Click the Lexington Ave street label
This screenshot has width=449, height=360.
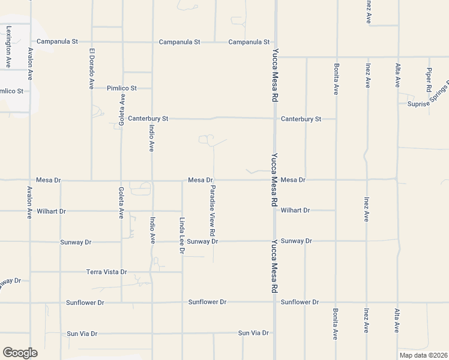(x=8, y=46)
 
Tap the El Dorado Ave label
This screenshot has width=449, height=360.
(x=92, y=68)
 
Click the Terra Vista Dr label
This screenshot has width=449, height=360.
(x=107, y=272)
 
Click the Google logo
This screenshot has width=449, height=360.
(x=20, y=353)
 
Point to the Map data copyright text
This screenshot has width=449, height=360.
(x=423, y=355)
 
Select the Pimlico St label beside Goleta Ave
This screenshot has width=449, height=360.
(x=122, y=88)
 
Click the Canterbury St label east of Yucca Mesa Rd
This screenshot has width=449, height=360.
(x=301, y=119)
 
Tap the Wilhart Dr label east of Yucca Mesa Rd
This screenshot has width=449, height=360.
(x=295, y=211)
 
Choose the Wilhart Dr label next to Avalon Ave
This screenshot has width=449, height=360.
(x=50, y=211)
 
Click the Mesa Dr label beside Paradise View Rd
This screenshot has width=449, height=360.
(x=200, y=180)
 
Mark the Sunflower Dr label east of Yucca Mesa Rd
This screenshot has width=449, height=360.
(x=300, y=302)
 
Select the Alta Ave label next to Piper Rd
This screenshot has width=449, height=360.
(x=397, y=75)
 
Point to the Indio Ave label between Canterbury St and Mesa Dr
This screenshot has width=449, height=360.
(x=152, y=136)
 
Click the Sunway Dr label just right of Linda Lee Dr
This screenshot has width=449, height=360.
(x=202, y=241)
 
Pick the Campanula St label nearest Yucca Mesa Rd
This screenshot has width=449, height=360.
(x=249, y=42)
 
